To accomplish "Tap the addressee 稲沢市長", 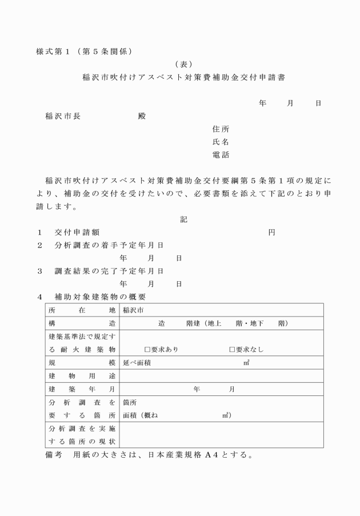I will pyautogui.click(x=62, y=116).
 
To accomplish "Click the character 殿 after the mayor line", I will pyautogui.click(x=142, y=116).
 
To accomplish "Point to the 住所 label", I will pyautogui.click(x=221, y=129).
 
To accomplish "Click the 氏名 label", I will pyautogui.click(x=221, y=142).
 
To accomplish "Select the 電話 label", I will pyautogui.click(x=221, y=155).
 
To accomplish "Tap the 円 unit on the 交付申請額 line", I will pyautogui.click(x=272, y=233).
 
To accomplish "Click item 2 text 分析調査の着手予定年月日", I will pyautogui.click(x=109, y=245).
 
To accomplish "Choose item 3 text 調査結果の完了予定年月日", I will pyautogui.click(x=109, y=271).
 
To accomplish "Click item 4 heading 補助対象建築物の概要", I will pyautogui.click(x=100, y=297).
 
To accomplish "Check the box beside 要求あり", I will pyautogui.click(x=147, y=349).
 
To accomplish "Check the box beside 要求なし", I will pyautogui.click(x=232, y=349).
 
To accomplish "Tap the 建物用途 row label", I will pyautogui.click(x=82, y=376).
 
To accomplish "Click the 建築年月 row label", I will pyautogui.click(x=82, y=389).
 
